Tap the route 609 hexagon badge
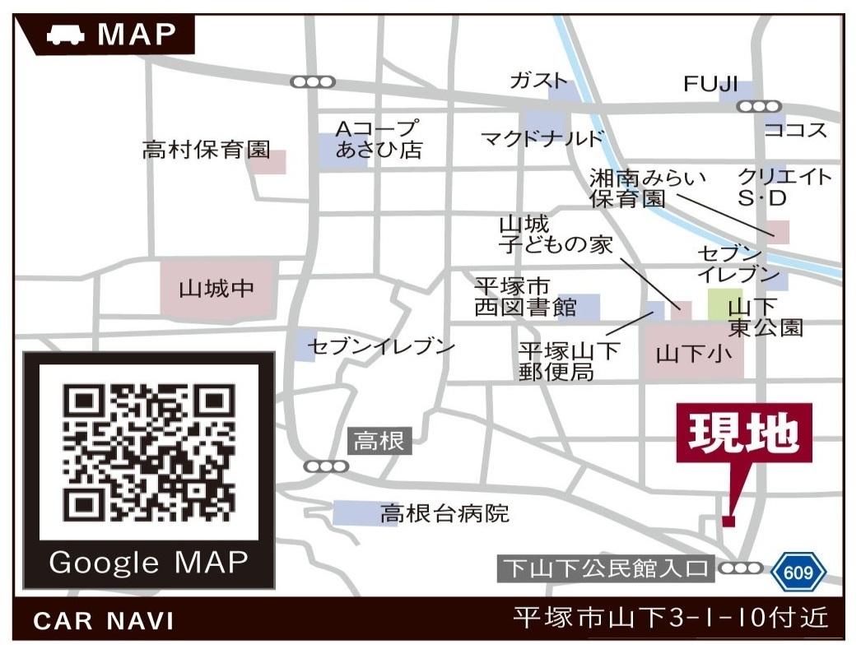[798, 571]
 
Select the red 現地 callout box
[744, 432]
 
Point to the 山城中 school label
[216, 290]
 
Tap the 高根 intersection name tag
[379, 442]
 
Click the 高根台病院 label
[444, 515]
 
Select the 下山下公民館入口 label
[606, 568]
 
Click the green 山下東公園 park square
[724, 304]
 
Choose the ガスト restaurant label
[539, 81]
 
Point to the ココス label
[795, 130]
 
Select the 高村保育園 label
[206, 151]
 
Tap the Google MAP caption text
[148, 563]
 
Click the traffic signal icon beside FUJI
[758, 106]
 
